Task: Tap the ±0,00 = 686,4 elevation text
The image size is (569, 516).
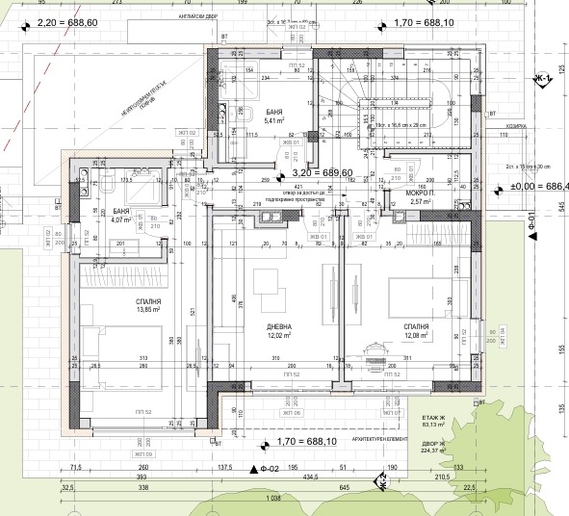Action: pos(539,186)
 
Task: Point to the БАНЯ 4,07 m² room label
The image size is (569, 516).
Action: pos(122,215)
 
